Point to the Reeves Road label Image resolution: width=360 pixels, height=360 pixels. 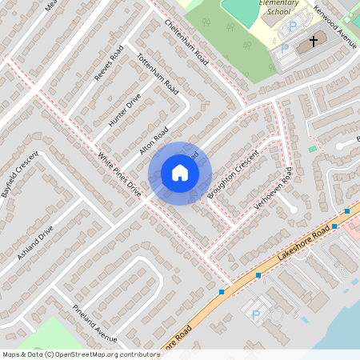pyautogui.click(x=110, y=65)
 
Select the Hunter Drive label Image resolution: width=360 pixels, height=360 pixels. pyautogui.click(x=124, y=110)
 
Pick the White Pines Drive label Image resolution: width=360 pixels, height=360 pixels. pyautogui.click(x=119, y=175)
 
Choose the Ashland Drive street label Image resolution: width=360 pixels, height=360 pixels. pyautogui.click(x=35, y=242)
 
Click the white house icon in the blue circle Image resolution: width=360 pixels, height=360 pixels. pyautogui.click(x=180, y=173)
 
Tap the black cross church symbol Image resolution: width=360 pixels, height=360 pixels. pyautogui.click(x=314, y=40)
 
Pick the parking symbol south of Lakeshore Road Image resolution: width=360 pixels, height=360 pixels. pyautogui.click(x=256, y=315)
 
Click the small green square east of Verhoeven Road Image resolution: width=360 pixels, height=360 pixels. pyautogui.click(x=312, y=150)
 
